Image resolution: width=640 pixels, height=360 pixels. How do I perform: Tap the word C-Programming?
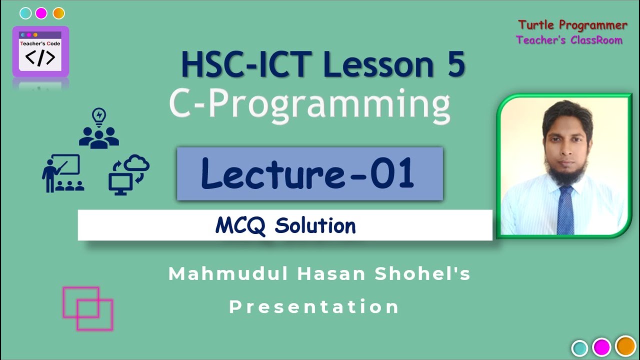[x=309, y=105]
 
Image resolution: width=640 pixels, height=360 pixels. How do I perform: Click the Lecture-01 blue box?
[x=309, y=174]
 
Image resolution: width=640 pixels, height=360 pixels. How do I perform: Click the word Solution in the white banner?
[x=315, y=226]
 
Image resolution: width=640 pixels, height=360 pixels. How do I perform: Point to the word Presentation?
[x=314, y=306]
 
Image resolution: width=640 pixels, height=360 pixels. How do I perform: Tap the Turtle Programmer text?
[x=572, y=25]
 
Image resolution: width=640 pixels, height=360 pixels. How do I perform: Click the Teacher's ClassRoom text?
[x=569, y=40]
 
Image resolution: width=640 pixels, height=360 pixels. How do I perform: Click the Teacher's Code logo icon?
[x=40, y=52]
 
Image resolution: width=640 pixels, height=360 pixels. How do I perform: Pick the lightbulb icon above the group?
[x=99, y=116]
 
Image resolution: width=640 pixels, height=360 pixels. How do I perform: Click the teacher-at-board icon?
[x=62, y=173]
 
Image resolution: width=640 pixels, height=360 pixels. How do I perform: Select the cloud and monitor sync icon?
[x=128, y=173]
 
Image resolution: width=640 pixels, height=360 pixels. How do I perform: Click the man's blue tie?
[x=565, y=210]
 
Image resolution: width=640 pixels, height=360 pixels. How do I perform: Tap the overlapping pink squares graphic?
[x=88, y=308]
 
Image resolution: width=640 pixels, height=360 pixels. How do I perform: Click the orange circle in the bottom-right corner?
[x=625, y=346]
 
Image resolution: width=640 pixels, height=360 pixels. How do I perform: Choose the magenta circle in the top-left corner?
[x=41, y=13]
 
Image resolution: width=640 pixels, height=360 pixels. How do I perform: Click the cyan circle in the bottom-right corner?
[x=579, y=347]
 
